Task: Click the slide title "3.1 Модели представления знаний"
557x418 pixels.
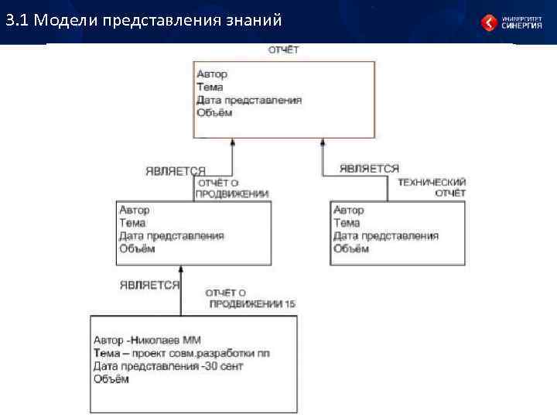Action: [142, 21]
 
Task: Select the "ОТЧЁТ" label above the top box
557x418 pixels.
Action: [283, 50]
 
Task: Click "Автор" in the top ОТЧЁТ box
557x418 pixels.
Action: [212, 74]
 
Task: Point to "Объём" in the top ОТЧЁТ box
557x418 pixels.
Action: [214, 113]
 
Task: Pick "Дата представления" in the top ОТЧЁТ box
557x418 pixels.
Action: [248, 100]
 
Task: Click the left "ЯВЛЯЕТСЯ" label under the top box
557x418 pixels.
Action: [176, 171]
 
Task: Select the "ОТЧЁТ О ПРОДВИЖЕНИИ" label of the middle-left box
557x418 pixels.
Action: [232, 189]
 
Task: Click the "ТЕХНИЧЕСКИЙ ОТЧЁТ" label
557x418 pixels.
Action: [432, 187]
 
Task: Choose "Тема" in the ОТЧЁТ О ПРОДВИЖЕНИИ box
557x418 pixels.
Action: [132, 223]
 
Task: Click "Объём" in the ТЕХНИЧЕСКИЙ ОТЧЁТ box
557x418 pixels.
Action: [352, 248]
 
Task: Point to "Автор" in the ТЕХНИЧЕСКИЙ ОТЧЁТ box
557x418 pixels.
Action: [349, 210]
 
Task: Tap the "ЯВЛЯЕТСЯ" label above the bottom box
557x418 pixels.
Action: [149, 285]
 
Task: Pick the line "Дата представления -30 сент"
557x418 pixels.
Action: [168, 366]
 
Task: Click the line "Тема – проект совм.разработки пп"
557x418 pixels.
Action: [182, 353]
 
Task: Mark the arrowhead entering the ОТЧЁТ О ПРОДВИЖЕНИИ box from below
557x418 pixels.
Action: [181, 271]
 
